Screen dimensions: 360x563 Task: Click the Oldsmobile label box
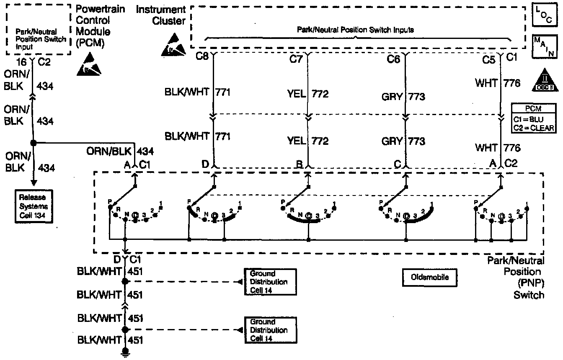point(428,277)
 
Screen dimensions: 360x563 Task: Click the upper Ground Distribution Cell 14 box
point(270,282)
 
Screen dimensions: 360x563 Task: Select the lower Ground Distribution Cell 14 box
point(270,330)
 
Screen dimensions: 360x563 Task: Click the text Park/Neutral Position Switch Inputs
point(355,30)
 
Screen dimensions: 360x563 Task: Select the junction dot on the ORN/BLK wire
point(34,143)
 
